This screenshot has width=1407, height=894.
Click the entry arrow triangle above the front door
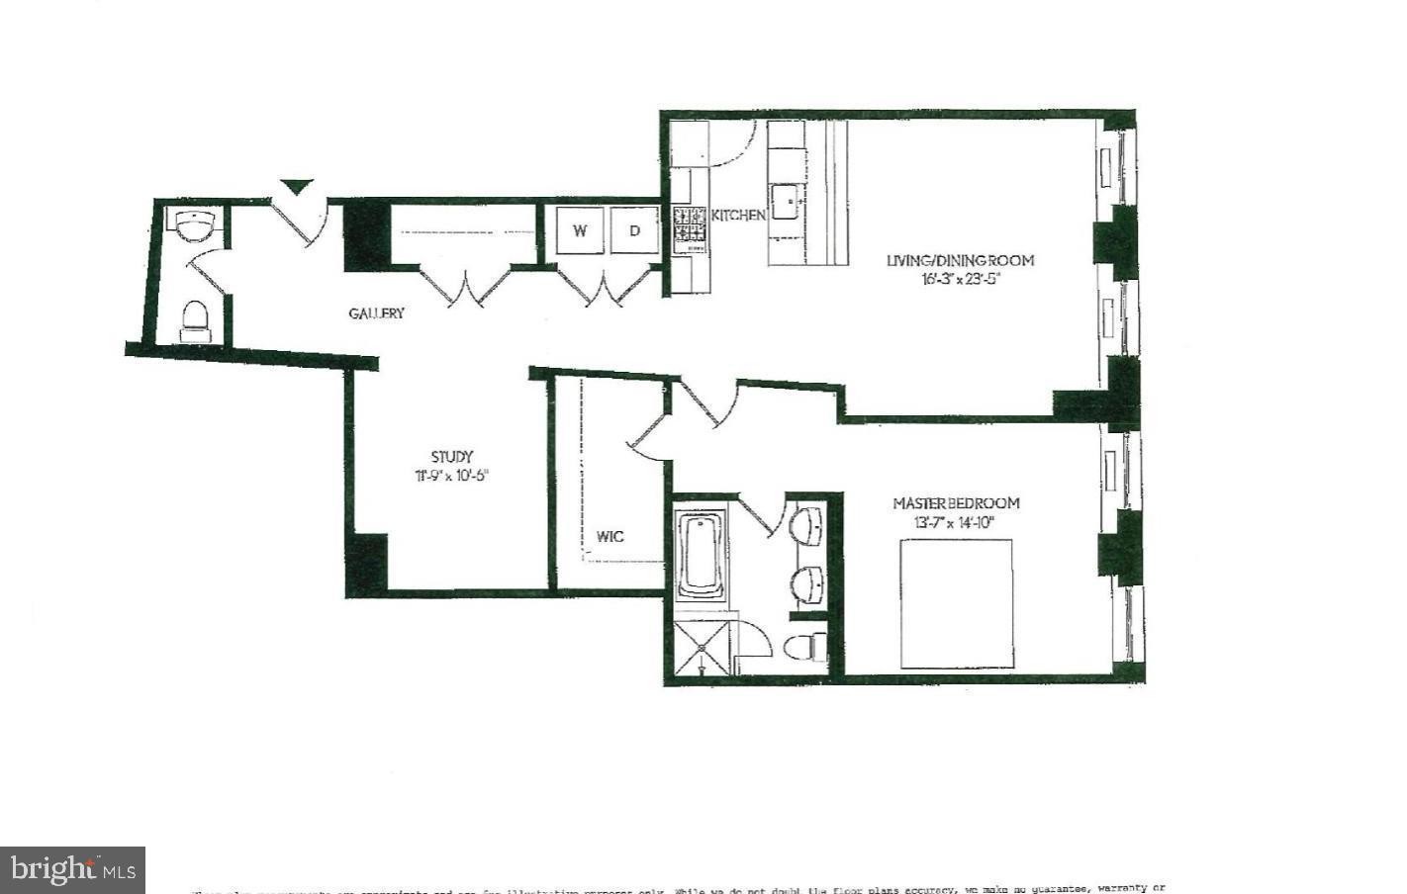pyautogui.click(x=297, y=186)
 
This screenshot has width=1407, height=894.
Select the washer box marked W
pyautogui.click(x=580, y=232)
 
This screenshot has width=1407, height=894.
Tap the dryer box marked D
pyautogui.click(x=635, y=232)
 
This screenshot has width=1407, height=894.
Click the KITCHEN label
pyautogui.click(x=738, y=215)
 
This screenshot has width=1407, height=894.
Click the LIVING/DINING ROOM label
pyautogui.click(x=960, y=261)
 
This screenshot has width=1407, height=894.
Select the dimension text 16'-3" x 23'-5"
pyautogui.click(x=960, y=279)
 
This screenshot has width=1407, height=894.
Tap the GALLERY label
pyautogui.click(x=376, y=313)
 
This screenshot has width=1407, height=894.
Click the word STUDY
pyautogui.click(x=451, y=457)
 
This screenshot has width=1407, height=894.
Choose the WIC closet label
pyautogui.click(x=610, y=537)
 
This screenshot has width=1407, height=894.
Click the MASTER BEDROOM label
pyautogui.click(x=956, y=503)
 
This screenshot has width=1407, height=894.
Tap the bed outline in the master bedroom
pyautogui.click(x=956, y=604)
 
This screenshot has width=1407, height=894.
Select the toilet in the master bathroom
pyautogui.click(x=805, y=648)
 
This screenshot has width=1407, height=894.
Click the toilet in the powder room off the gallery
pyautogui.click(x=195, y=320)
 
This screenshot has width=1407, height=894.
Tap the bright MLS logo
pyautogui.click(x=72, y=870)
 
